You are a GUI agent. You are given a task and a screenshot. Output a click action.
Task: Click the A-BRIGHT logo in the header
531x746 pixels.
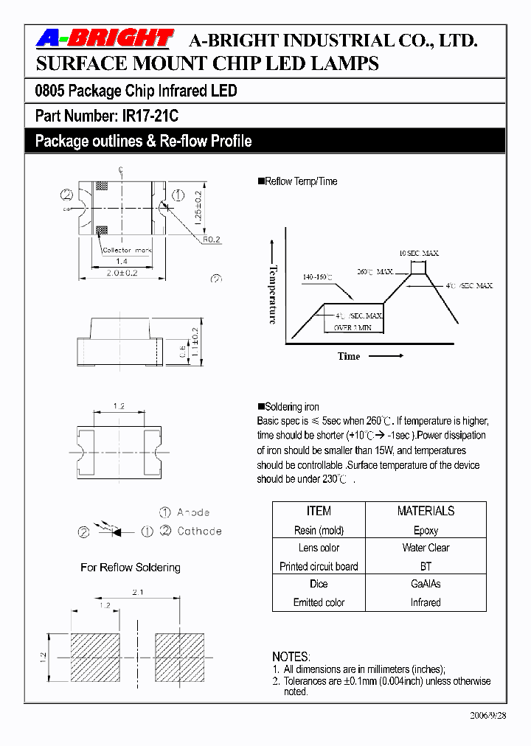105,38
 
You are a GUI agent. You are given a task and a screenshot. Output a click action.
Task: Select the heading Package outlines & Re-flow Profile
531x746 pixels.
143,141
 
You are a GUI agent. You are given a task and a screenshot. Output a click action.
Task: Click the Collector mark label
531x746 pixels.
127,251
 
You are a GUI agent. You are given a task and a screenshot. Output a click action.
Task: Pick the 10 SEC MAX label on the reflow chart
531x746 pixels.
419,253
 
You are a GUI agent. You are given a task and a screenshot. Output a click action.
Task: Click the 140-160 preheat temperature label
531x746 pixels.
317,277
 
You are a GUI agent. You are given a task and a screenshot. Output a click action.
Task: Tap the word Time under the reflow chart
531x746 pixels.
349,356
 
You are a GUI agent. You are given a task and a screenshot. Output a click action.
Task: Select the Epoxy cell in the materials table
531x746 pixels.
426,530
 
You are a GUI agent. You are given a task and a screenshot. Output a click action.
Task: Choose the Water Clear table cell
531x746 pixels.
426,548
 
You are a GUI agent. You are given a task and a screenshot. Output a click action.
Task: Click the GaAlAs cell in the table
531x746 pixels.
426,584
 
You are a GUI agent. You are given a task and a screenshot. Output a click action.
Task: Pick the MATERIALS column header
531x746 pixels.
426,511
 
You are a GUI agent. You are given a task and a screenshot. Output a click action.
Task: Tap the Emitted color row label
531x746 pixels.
319,602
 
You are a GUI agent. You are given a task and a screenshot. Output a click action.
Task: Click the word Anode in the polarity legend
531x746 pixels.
193,512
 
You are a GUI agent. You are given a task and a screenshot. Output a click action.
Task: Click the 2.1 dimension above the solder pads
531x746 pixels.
138,593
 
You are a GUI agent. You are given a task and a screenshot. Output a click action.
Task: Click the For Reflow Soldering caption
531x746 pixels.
131,567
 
